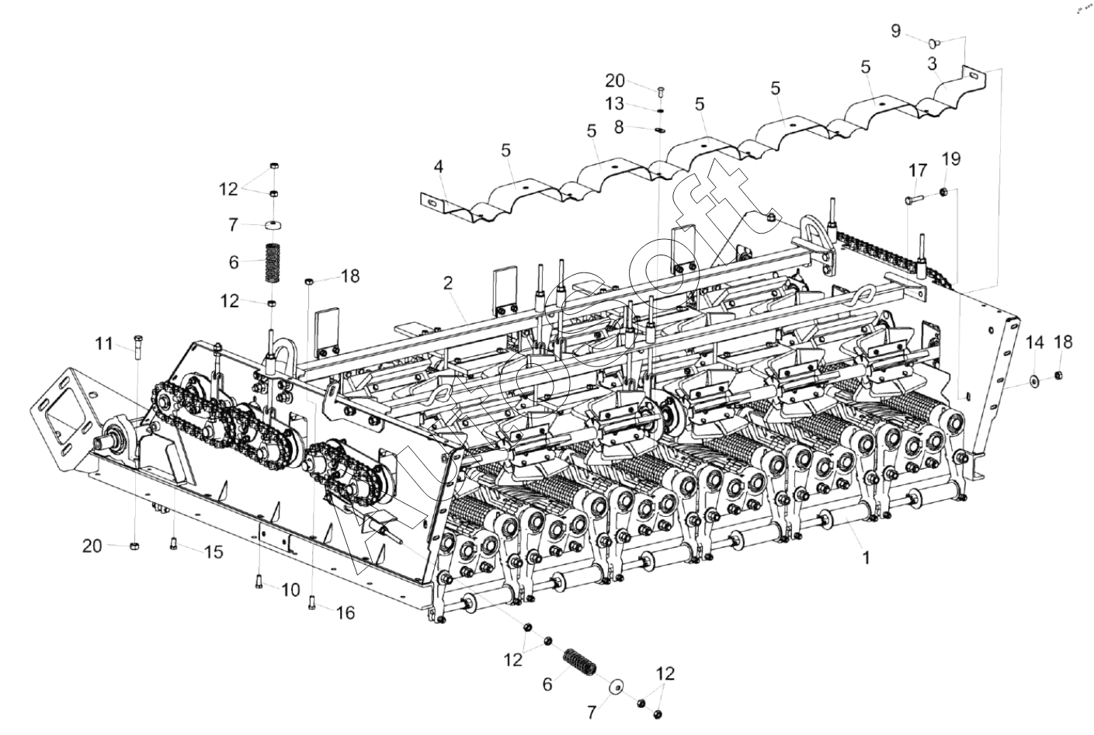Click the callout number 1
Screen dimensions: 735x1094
(867, 556)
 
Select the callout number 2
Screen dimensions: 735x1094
(448, 283)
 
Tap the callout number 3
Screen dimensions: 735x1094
(933, 63)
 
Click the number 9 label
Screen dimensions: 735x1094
(896, 31)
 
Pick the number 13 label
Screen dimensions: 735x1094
(614, 104)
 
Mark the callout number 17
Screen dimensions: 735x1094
(918, 170)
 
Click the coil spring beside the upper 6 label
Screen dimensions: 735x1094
(273, 263)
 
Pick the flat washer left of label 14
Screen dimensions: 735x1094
(1036, 380)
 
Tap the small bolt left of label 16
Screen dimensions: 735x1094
(311, 600)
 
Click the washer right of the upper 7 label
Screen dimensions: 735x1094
(273, 225)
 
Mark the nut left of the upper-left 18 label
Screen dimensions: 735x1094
(308, 280)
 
